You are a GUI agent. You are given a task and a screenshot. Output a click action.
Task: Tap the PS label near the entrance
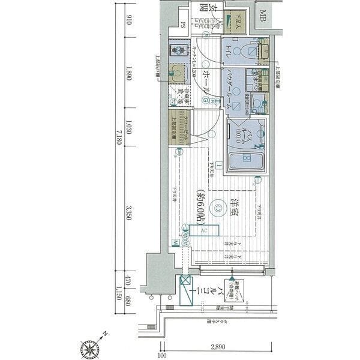pos(183,25)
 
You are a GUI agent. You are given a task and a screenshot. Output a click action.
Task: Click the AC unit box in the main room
pos(204,230)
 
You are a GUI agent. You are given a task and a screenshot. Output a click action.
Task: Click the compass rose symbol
pos(89,347)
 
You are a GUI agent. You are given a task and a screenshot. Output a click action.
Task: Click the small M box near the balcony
pos(175,242)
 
